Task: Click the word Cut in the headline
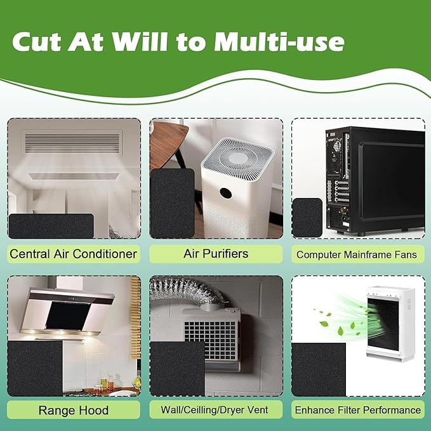tap(36, 42)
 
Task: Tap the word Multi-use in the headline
tap(279, 42)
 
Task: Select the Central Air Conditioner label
tap(74, 254)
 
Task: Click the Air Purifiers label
tap(216, 254)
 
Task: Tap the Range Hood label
tap(74, 410)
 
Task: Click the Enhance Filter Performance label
tap(358, 410)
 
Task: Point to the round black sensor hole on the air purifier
tap(225, 194)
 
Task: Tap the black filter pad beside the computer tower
tap(307, 217)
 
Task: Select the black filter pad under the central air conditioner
tap(51, 226)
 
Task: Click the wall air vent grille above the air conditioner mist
tap(72, 142)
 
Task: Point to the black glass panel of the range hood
tap(68, 316)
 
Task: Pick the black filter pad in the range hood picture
tap(35, 369)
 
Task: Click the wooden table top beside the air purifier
tap(168, 143)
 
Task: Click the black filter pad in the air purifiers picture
tap(173, 203)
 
